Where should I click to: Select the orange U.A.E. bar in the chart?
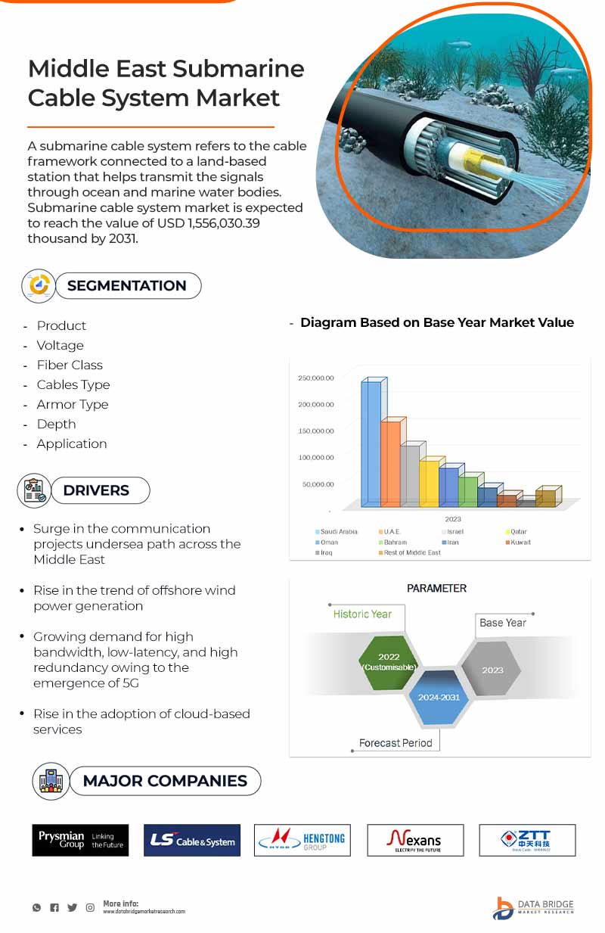tap(390, 463)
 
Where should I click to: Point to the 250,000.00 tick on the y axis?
tap(316, 378)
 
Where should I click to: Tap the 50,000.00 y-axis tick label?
tap(318, 484)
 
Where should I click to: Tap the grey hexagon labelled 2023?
tap(492, 670)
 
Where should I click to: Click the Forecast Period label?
tap(396, 743)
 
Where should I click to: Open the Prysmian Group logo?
tap(80, 840)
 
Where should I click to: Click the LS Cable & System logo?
tap(192, 841)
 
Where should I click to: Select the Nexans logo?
tap(415, 840)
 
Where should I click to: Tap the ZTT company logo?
tap(527, 840)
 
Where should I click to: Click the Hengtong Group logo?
tap(302, 840)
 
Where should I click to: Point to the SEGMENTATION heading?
tap(126, 285)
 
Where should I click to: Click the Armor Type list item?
tap(73, 404)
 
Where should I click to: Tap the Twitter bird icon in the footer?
tap(72, 907)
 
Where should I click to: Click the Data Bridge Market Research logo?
tap(533, 907)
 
